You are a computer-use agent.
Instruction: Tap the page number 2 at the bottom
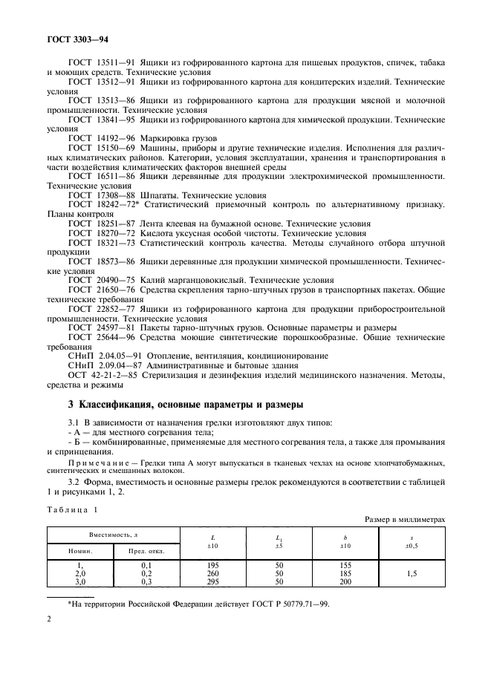tap(49, 638)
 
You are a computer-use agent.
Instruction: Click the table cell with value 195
tap(212, 565)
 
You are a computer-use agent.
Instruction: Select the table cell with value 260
tap(212, 574)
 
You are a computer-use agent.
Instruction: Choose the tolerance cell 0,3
tap(149, 583)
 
